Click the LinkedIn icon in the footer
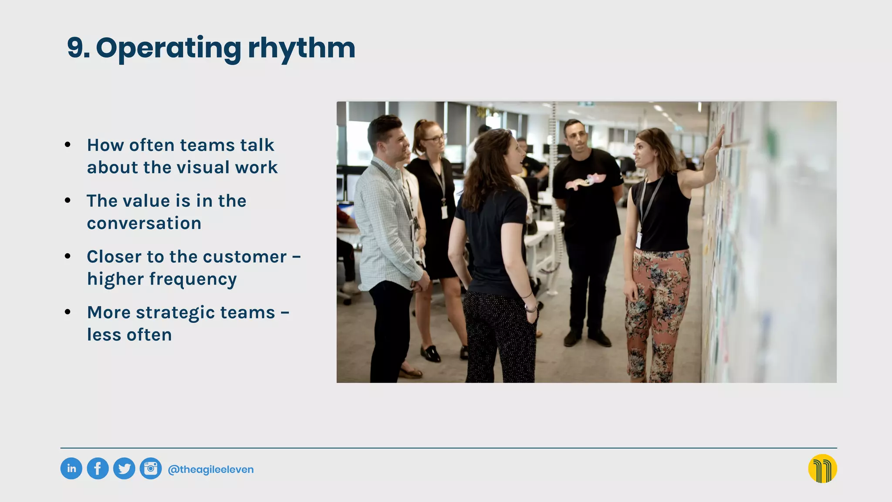71,469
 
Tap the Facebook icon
98,469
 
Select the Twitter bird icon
124,469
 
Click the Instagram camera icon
151,469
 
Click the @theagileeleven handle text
211,470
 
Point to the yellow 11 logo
822,469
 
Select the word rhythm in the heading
301,48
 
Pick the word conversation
144,223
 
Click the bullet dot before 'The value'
68,200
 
